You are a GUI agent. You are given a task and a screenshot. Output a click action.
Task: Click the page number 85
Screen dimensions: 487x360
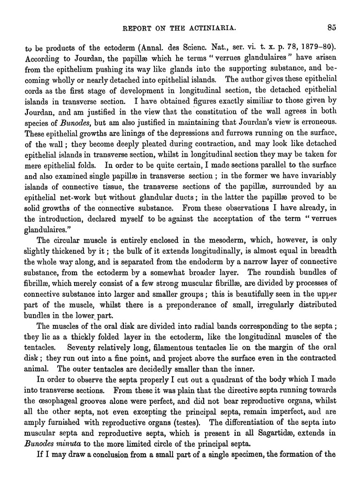tap(331, 27)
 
